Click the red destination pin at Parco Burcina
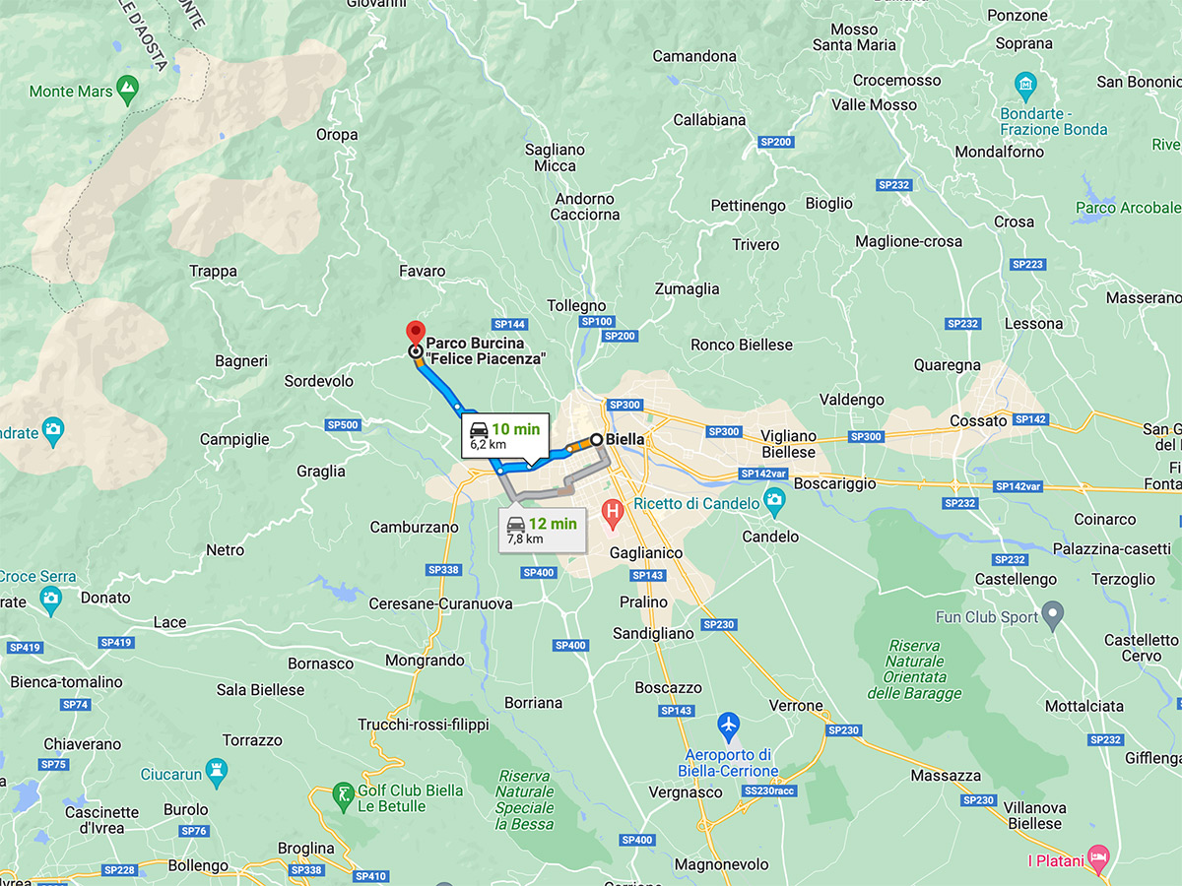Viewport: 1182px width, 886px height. tap(416, 333)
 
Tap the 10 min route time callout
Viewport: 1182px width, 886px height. tap(504, 435)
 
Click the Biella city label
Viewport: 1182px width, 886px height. tap(624, 439)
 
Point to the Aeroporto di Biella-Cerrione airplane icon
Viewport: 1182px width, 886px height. tap(729, 728)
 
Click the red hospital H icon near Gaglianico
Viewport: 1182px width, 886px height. tap(613, 512)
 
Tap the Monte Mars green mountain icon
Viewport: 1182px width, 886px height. tap(126, 92)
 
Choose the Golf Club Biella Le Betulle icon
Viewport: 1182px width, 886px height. tap(343, 796)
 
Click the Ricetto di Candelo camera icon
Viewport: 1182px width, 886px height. tap(774, 503)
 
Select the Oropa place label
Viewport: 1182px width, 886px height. tap(337, 135)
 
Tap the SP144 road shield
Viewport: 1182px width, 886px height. tap(510, 324)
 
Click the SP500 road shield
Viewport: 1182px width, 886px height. tap(343, 424)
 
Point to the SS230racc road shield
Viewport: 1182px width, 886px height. tap(770, 791)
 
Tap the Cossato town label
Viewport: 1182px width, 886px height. tap(978, 420)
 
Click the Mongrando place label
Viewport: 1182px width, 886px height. tap(425, 660)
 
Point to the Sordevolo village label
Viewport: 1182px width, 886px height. tap(318, 380)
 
